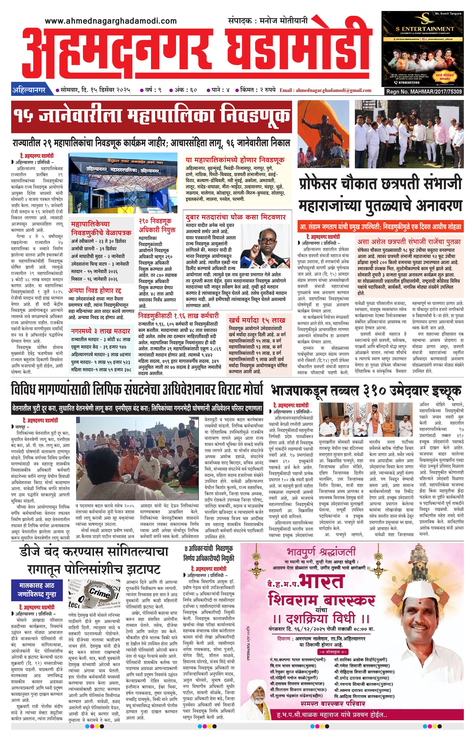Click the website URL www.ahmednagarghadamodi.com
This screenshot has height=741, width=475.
point(111,21)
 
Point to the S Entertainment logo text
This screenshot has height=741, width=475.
point(425,29)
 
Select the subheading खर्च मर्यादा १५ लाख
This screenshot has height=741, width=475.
point(257,320)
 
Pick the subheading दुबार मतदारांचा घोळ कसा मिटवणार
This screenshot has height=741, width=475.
point(236,217)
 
